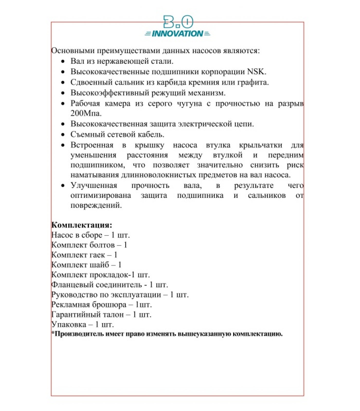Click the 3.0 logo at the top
178,22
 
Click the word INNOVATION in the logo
177,34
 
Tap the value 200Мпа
86,113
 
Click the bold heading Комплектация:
82,225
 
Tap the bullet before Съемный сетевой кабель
63,135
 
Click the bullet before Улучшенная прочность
63,185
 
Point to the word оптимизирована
101,195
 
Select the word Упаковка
69,325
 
